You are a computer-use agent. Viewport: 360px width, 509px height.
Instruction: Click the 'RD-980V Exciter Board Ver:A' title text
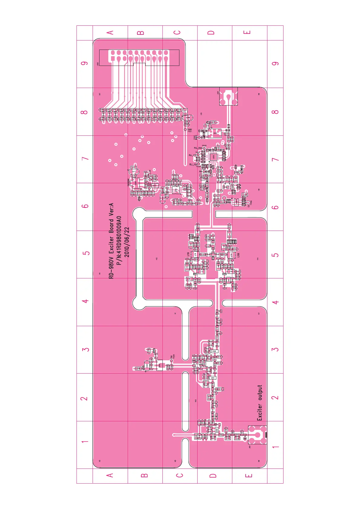click(111, 241)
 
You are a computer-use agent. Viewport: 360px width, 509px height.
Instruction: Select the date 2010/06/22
click(127, 242)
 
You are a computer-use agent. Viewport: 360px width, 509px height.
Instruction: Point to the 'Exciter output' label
click(260, 403)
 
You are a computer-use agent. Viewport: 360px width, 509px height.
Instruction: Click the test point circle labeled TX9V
click(185, 129)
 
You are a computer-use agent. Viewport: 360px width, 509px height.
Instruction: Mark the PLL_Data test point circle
click(204, 148)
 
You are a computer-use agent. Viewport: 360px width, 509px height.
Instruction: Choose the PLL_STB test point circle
click(198, 155)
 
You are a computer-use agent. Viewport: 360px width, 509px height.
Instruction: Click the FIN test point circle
click(204, 171)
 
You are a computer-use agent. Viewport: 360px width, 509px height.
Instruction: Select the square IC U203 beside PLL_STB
click(214, 157)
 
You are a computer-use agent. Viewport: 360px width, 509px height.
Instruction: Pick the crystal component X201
click(215, 133)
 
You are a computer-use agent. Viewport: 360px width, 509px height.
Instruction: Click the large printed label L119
click(188, 254)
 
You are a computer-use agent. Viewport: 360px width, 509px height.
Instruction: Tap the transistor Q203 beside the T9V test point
click(159, 365)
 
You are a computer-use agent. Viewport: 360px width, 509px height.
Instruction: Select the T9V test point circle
click(172, 361)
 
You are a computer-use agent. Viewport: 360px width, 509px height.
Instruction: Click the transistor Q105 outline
click(213, 378)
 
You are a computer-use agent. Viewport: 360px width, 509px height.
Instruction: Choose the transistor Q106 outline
click(214, 351)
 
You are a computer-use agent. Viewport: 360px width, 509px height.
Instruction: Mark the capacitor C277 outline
click(134, 171)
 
